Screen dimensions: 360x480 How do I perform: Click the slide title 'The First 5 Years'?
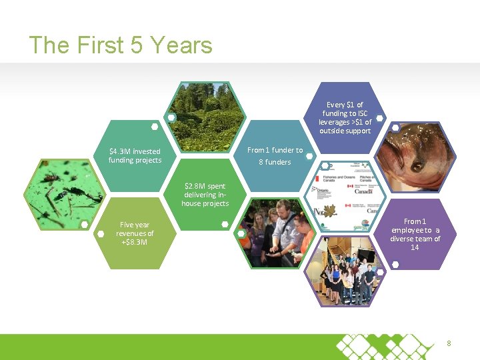pos(121,45)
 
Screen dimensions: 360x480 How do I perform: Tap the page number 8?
pos(449,343)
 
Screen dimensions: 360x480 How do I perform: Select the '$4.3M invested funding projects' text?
pos(135,156)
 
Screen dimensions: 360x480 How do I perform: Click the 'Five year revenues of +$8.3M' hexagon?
pos(135,233)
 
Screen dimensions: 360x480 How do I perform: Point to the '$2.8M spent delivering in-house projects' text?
pos(205,195)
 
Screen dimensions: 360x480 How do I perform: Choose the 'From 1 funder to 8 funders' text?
pos(275,156)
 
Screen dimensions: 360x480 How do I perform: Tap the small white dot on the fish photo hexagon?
pos(395,127)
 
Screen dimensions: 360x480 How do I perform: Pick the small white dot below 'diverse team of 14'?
pos(395,265)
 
